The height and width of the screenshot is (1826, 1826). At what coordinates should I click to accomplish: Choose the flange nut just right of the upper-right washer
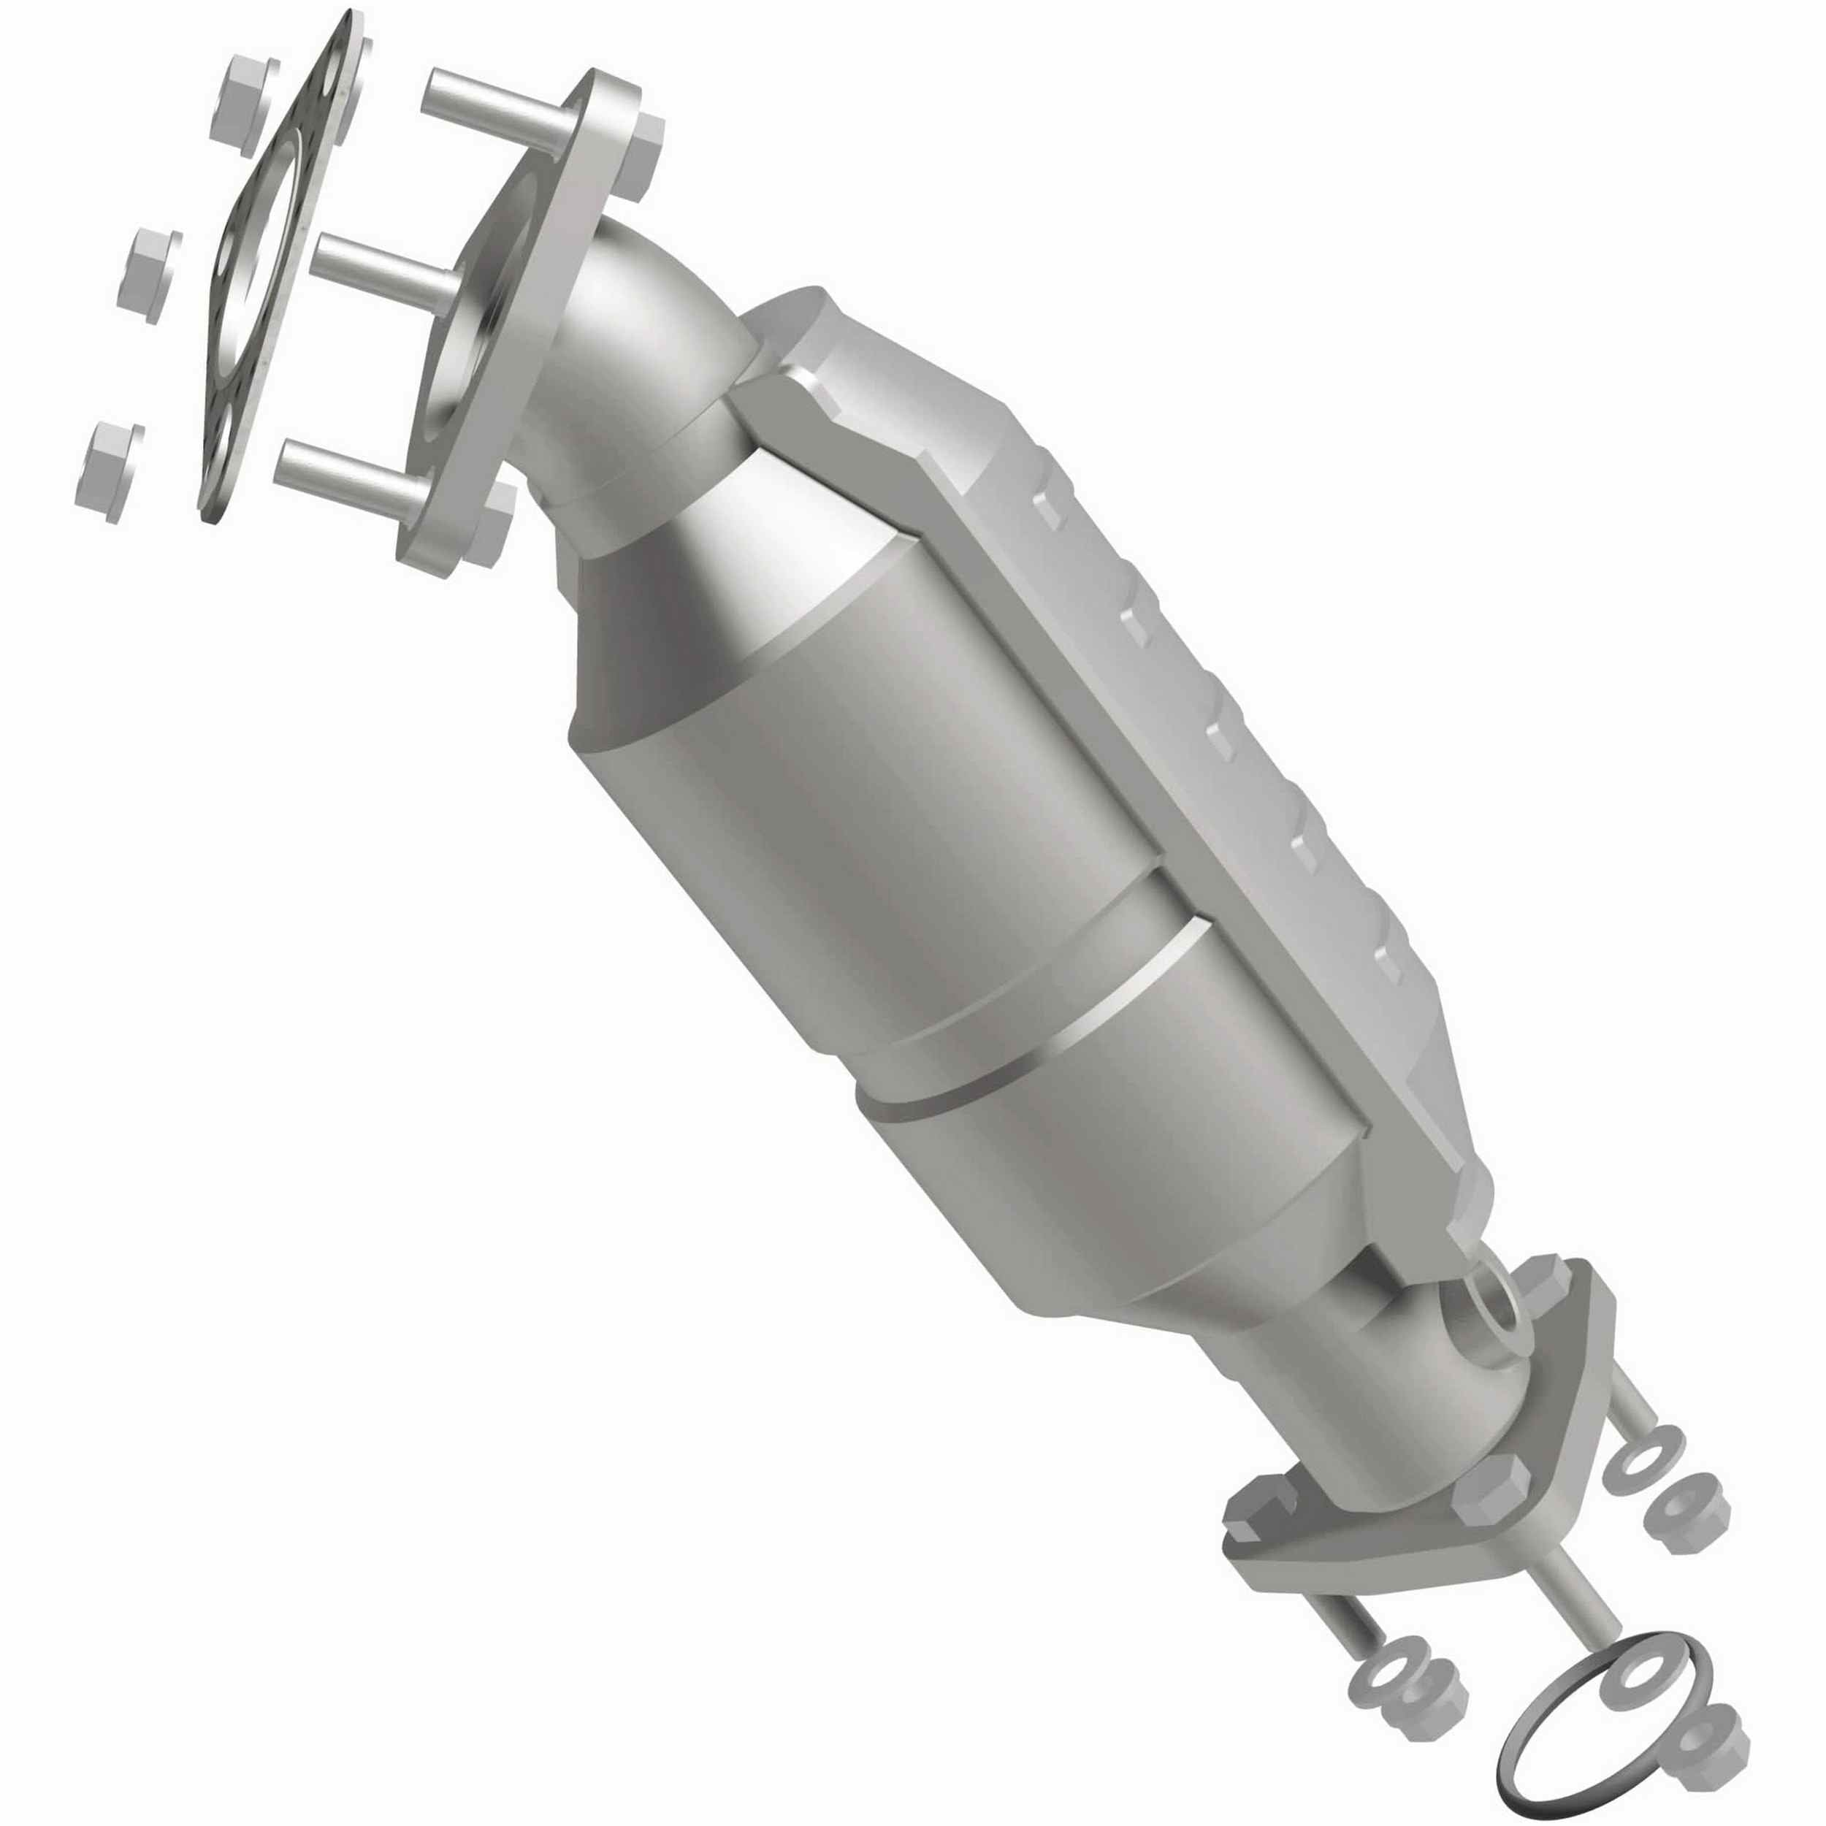[x=1691, y=1512]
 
